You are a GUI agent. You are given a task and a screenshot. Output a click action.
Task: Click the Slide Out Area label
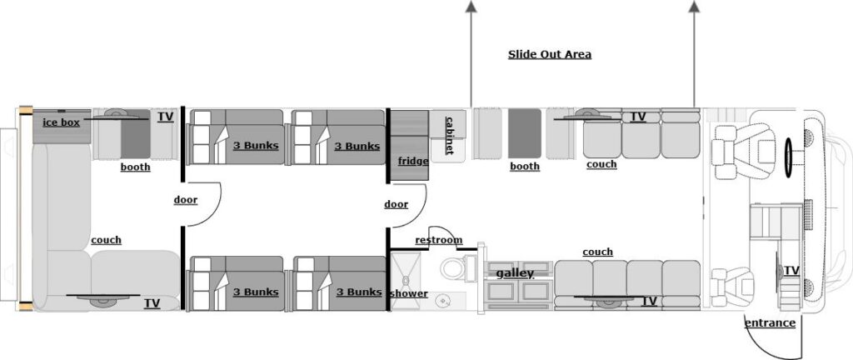(550, 55)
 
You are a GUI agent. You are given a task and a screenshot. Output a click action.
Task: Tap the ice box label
(61, 122)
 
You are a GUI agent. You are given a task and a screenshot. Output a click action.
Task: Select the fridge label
(413, 161)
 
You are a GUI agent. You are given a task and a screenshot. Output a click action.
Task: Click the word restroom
(438, 240)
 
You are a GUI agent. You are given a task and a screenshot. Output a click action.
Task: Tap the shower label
(408, 293)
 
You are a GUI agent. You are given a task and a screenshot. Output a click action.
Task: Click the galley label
(515, 273)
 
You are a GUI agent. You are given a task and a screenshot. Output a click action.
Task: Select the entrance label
(770, 323)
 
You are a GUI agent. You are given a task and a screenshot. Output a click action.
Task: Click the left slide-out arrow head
(471, 7)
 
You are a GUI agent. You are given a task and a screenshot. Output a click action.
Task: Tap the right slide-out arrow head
(694, 7)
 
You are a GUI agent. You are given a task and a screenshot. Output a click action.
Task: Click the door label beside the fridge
(397, 204)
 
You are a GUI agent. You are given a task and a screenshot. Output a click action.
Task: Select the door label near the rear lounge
(185, 200)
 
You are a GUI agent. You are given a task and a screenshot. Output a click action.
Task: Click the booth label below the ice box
(135, 167)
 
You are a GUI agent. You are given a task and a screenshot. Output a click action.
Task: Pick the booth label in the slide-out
(525, 167)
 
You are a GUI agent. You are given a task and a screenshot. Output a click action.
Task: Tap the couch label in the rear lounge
(106, 240)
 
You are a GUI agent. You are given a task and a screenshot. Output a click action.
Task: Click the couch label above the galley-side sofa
(597, 252)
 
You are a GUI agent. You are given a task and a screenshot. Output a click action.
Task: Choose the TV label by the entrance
(791, 271)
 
